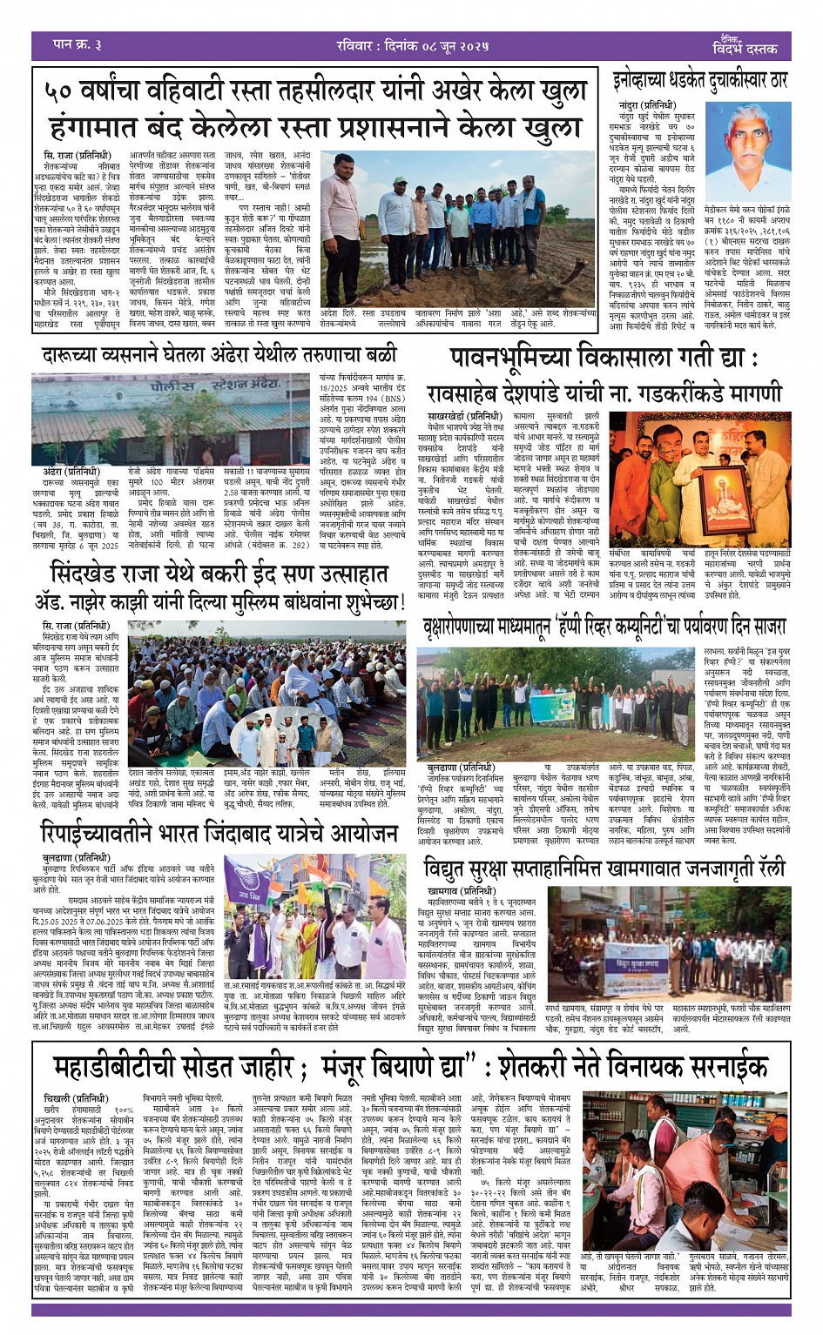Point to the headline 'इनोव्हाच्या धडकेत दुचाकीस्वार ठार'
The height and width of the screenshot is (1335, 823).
(x=698, y=80)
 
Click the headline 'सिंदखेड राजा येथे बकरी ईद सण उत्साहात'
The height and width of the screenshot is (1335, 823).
(x=220, y=575)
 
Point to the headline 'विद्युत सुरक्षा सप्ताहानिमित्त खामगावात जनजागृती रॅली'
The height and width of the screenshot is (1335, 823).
(x=604, y=869)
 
